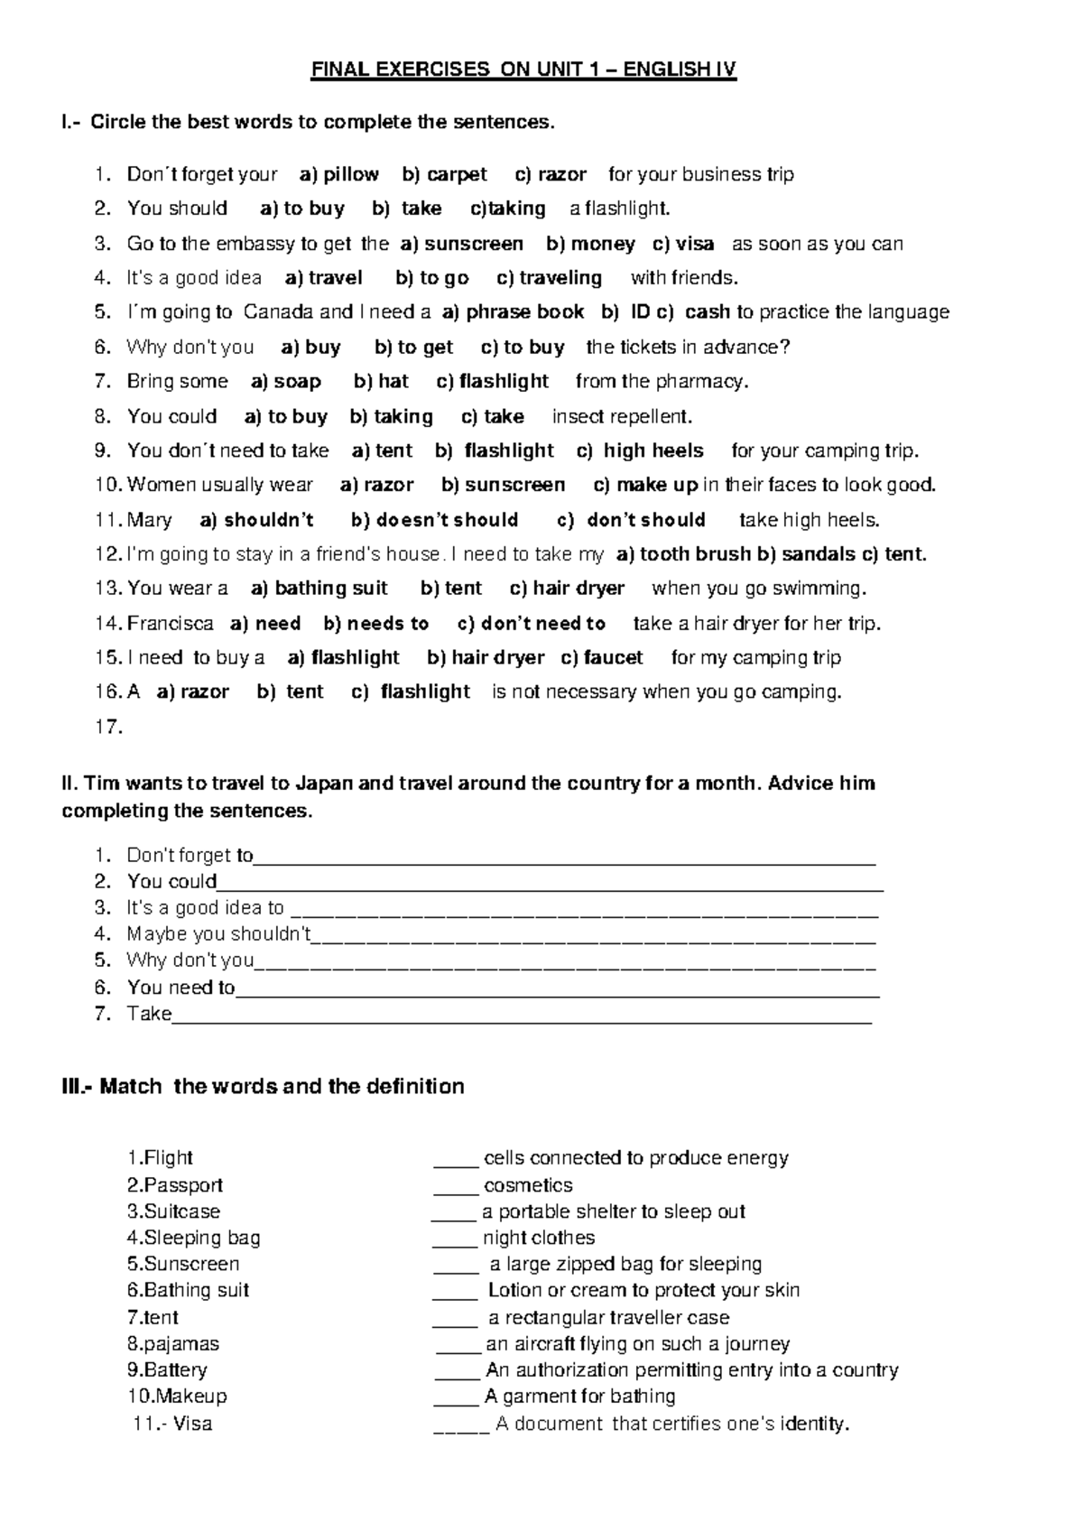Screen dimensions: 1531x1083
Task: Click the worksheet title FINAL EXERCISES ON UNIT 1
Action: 523,70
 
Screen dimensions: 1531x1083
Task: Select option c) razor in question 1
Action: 551,174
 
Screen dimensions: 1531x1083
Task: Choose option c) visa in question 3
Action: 683,244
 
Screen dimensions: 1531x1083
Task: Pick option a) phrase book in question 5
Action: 514,312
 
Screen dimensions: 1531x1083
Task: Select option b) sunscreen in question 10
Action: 503,486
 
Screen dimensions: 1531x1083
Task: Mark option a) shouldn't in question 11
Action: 256,520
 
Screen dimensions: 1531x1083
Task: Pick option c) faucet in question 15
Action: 602,658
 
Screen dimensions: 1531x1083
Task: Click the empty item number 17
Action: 108,727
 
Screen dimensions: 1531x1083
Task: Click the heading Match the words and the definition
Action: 263,1086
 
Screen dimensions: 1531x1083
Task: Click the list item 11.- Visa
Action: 171,1424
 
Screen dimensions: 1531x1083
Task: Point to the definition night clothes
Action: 539,1238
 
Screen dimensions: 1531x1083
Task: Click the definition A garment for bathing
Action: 579,1396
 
